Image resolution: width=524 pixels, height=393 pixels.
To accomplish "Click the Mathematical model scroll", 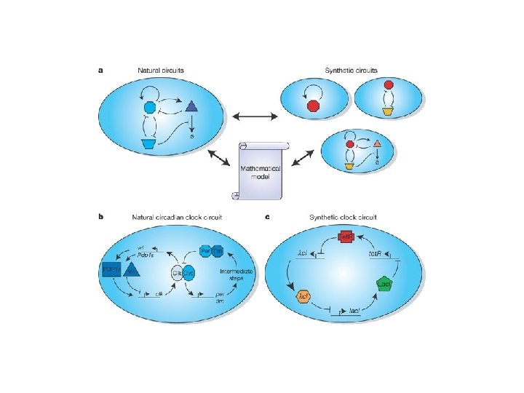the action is (260, 172).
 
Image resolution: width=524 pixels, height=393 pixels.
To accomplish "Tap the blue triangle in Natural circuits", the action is (192, 108).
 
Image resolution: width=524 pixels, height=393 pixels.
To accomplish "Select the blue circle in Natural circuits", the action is (151, 108).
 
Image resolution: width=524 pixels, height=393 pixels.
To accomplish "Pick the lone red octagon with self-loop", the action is (314, 107).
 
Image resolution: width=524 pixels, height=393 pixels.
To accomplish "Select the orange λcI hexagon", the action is (303, 298).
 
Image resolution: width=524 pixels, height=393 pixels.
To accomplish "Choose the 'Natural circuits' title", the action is (161, 70).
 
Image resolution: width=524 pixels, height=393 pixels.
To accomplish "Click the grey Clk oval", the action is (177, 272).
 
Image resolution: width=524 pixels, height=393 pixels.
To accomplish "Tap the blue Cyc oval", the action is (188, 272).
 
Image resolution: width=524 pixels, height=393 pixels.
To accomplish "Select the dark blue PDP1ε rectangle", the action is (113, 269).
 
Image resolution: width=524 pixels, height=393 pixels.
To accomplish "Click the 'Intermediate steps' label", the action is (236, 274).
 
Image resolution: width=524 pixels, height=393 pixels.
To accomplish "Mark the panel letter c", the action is (268, 216).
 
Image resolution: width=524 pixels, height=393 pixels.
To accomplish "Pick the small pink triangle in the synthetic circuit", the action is (378, 144).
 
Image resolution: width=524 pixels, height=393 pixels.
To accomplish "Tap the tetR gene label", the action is (376, 254).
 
